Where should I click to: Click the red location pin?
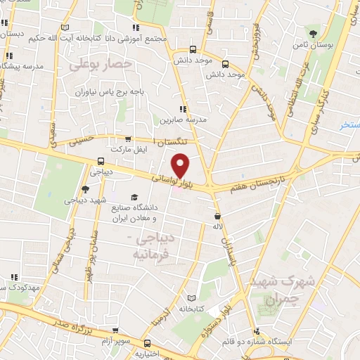click(x=181, y=164)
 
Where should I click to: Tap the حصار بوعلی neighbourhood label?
click(x=101, y=64)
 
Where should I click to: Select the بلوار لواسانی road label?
click(x=168, y=179)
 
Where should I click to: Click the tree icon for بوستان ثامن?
click(x=313, y=33)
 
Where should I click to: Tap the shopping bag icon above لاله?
click(x=217, y=216)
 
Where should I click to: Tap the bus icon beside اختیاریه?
click(x=147, y=344)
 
